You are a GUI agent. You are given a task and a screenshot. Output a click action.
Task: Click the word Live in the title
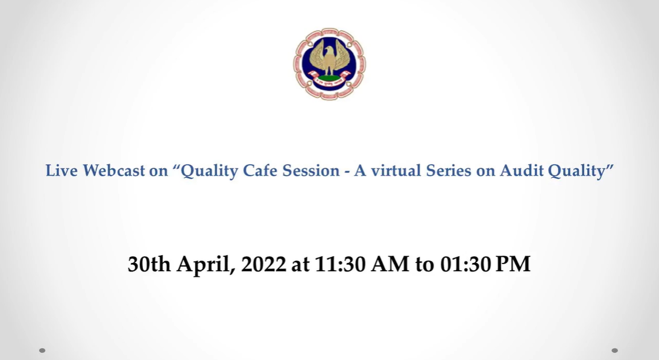pyautogui.click(x=61, y=170)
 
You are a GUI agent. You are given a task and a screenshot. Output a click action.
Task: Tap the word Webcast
pyautogui.click(x=113, y=170)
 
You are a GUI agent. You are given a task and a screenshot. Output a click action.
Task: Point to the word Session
pyautogui.click(x=311, y=170)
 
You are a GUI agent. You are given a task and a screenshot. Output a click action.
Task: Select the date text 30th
pyautogui.click(x=149, y=264)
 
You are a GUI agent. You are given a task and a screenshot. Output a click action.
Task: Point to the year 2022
pyautogui.click(x=263, y=264)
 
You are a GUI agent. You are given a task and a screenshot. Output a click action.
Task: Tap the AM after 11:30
pyautogui.click(x=390, y=264)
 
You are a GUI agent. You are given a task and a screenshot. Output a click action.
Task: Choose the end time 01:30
pyautogui.click(x=465, y=264)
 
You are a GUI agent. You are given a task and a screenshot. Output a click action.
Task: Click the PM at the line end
pyautogui.click(x=513, y=264)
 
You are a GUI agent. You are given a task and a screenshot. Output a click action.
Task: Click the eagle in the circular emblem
pyautogui.click(x=329, y=57)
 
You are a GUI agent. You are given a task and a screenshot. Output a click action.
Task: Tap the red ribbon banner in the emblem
pyautogui.click(x=329, y=78)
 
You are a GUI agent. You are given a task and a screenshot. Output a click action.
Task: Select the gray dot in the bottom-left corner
pyautogui.click(x=42, y=350)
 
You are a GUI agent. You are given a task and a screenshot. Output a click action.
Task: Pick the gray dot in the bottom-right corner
pyautogui.click(x=614, y=350)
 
